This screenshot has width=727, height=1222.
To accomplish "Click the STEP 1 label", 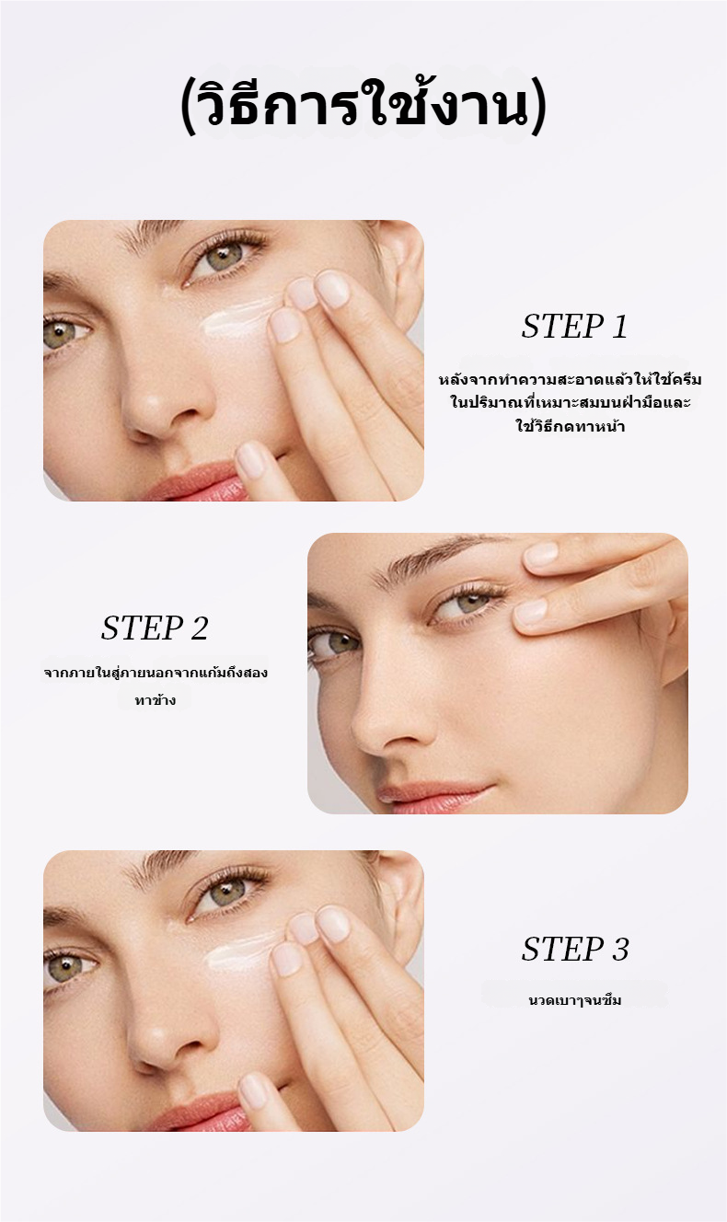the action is click(575, 327).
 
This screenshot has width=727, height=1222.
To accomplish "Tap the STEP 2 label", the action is click(155, 628).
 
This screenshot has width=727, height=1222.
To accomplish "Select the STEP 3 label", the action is click(575, 949).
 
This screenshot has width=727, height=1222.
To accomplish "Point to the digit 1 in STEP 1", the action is click(619, 327).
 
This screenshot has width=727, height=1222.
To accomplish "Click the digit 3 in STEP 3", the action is click(619, 949).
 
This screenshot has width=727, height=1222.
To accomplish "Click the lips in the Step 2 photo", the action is click(431, 795).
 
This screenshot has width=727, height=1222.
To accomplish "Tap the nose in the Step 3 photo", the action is click(164, 1036).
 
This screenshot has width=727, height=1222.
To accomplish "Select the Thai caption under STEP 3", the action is click(575, 1000).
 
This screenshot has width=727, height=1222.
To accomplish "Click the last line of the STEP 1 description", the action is click(571, 425).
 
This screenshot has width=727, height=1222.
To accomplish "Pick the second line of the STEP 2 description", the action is click(156, 700).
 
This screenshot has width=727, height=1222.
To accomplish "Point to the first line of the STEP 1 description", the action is click(571, 378).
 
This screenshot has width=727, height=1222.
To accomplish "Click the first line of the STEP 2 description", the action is click(156, 672).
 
